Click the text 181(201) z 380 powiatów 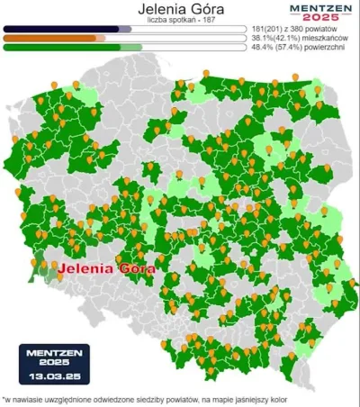[300, 29]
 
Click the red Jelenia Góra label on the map [106, 267]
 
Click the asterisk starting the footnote [4, 399]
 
